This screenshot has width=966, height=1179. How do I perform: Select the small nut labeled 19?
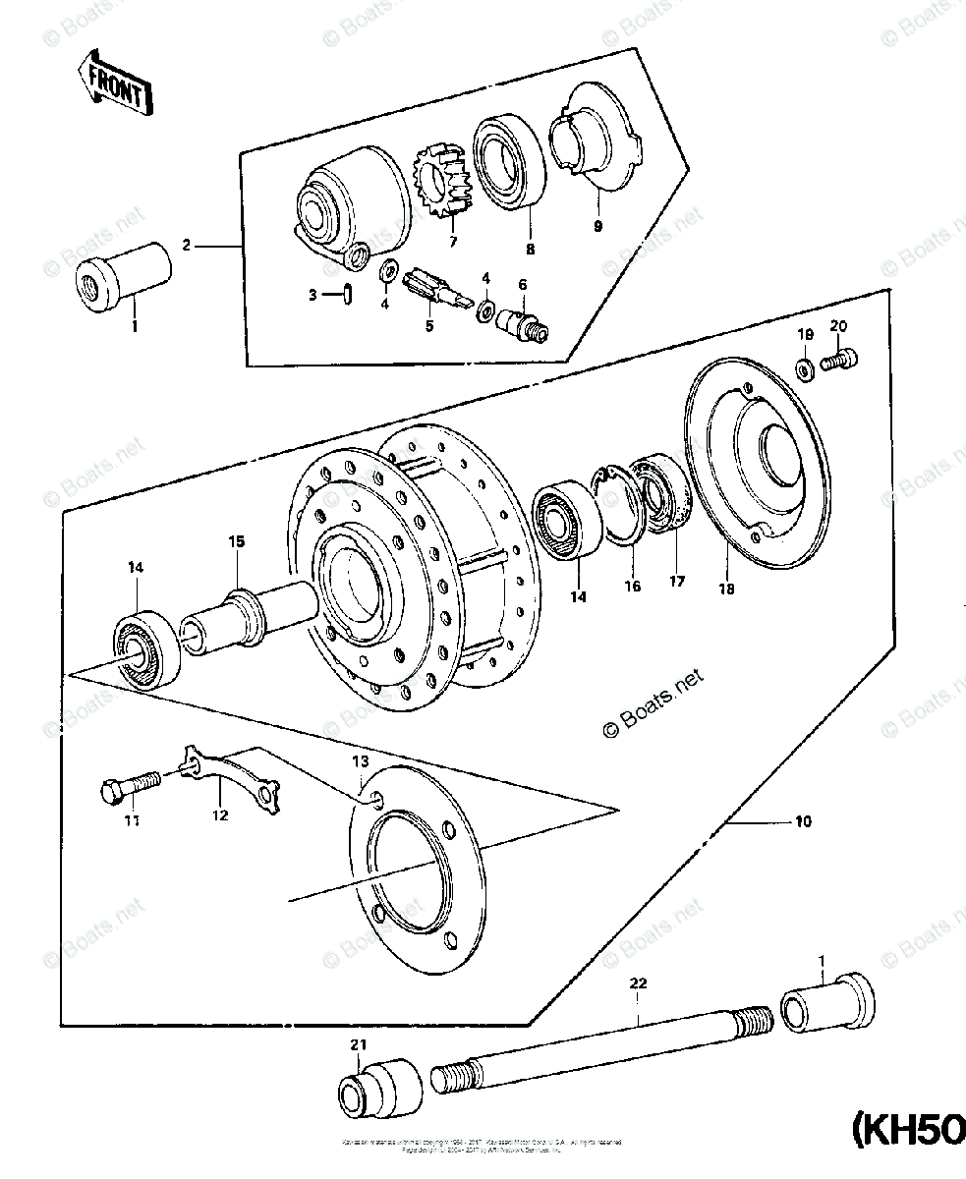click(804, 368)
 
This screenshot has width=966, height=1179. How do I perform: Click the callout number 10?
click(804, 823)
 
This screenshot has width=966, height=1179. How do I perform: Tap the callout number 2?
click(187, 247)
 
